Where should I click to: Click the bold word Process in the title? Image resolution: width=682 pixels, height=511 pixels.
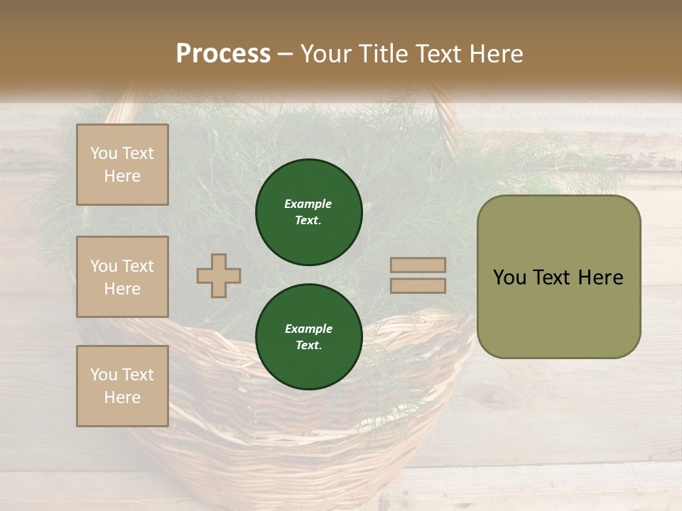(x=223, y=54)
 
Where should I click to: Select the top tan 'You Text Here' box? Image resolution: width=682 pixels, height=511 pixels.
(x=122, y=165)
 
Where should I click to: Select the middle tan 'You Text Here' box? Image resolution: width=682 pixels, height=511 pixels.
(x=122, y=277)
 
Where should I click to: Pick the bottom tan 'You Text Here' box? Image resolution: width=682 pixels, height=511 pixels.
(x=122, y=386)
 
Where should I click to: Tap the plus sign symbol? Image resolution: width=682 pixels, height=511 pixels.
(x=219, y=275)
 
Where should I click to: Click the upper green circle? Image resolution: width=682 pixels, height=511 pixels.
(x=309, y=212)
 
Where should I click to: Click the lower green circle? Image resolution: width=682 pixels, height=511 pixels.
(x=309, y=337)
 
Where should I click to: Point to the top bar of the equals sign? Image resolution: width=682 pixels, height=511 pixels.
(x=418, y=265)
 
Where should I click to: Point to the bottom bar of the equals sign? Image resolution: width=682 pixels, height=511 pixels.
(x=418, y=285)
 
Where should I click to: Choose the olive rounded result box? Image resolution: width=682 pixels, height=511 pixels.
(x=558, y=277)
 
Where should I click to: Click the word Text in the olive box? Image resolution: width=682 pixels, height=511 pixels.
(x=554, y=278)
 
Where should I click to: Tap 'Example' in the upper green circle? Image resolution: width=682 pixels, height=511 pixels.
(x=308, y=204)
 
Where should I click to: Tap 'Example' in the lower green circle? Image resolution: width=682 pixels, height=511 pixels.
(x=308, y=329)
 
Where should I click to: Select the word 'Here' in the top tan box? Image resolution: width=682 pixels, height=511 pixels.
(x=122, y=176)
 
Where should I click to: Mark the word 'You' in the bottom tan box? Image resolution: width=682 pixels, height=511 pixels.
(x=104, y=375)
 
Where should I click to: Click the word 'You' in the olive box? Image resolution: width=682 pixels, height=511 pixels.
(x=509, y=278)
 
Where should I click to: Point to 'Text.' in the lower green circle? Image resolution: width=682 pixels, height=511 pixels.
(x=308, y=346)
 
